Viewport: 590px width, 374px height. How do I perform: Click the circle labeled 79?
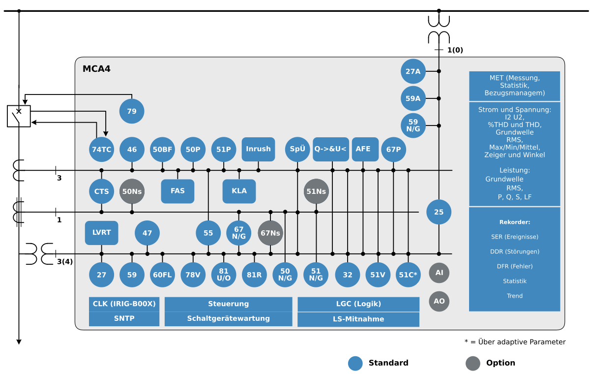pyautogui.click(x=132, y=111)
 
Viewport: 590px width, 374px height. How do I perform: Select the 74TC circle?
pyautogui.click(x=101, y=150)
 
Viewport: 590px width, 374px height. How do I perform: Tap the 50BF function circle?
pyautogui.click(x=162, y=150)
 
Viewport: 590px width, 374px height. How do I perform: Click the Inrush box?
pyautogui.click(x=258, y=149)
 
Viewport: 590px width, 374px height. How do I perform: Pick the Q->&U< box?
pyautogui.click(x=330, y=149)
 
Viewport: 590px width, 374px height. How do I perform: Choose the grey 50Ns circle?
pyautogui.click(x=132, y=191)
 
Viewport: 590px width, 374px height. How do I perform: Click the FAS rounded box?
pyautogui.click(x=177, y=191)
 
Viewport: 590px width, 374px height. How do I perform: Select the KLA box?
pyautogui.click(x=239, y=191)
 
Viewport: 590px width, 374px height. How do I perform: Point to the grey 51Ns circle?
pyautogui.click(x=316, y=191)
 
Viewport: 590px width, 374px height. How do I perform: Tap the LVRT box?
pyautogui.click(x=101, y=233)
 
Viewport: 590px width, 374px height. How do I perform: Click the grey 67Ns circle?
pyautogui.click(x=270, y=233)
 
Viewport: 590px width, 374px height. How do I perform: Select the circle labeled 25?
pyautogui.click(x=439, y=212)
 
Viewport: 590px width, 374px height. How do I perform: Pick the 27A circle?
pyautogui.click(x=413, y=71)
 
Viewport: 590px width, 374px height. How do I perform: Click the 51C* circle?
pyautogui.click(x=408, y=275)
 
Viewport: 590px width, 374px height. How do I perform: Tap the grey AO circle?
pyautogui.click(x=439, y=301)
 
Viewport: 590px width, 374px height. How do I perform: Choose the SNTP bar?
pyautogui.click(x=124, y=319)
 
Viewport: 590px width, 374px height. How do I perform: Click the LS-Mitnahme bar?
pyautogui.click(x=358, y=319)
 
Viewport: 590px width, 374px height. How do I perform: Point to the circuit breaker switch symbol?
pyautogui.click(x=19, y=116)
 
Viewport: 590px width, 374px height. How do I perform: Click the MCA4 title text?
pyautogui.click(x=96, y=69)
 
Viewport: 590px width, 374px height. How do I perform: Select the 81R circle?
pyautogui.click(x=254, y=275)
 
